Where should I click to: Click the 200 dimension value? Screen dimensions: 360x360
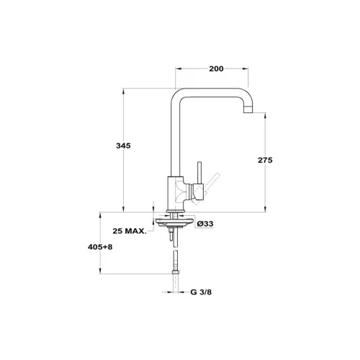pyautogui.click(x=216, y=69)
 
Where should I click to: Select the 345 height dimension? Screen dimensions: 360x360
pyautogui.click(x=123, y=145)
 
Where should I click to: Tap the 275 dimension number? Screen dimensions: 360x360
pyautogui.click(x=265, y=160)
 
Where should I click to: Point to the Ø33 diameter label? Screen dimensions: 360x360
pyautogui.click(x=205, y=224)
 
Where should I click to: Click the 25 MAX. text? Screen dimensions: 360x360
pyautogui.click(x=130, y=231)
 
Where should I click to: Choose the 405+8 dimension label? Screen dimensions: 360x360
pyautogui.click(x=100, y=247)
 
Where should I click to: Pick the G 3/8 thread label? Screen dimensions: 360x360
pyautogui.click(x=201, y=292)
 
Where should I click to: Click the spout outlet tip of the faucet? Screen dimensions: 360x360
pyautogui.click(x=248, y=110)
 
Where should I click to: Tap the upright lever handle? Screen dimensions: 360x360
pyautogui.click(x=199, y=173)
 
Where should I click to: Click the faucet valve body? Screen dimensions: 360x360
pyautogui.click(x=176, y=193)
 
